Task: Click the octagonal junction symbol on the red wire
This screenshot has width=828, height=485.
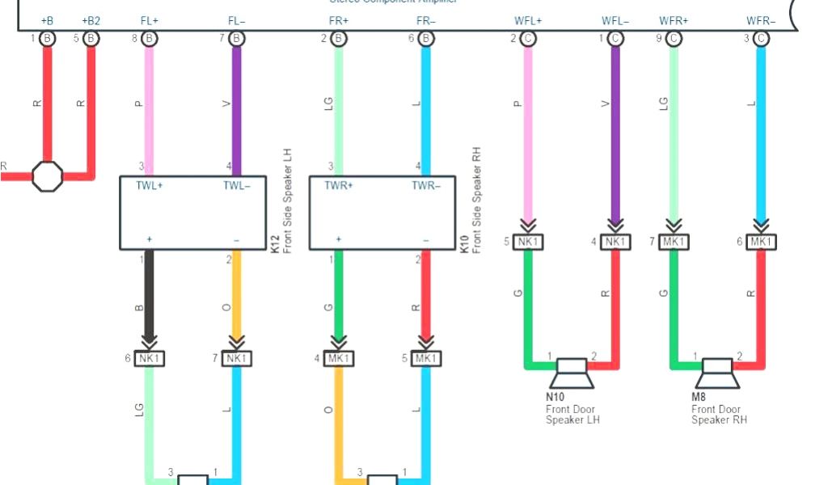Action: point(47,175)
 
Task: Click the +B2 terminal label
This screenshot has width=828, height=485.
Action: point(91,20)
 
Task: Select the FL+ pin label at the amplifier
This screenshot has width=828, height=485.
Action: point(150,20)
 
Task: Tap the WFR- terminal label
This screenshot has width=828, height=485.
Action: point(761,20)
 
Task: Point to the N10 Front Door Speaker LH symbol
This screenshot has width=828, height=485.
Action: point(572,373)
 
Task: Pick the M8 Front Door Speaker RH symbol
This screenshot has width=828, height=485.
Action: point(718,373)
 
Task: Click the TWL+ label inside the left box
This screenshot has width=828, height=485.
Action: point(150,185)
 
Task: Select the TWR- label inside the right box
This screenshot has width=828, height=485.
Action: point(426,185)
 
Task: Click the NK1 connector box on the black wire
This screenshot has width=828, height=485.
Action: point(150,358)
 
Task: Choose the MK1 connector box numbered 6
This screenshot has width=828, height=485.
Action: point(761,242)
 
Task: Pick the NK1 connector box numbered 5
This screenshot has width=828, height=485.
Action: point(528,242)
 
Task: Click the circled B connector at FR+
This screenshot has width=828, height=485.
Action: point(339,38)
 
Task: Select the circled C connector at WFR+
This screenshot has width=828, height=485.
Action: point(674,38)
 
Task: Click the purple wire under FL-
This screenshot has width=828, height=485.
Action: point(237,105)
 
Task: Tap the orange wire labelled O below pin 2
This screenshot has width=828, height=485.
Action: point(237,299)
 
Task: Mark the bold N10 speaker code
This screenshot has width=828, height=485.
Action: point(555,398)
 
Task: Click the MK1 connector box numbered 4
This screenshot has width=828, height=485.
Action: point(339,358)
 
